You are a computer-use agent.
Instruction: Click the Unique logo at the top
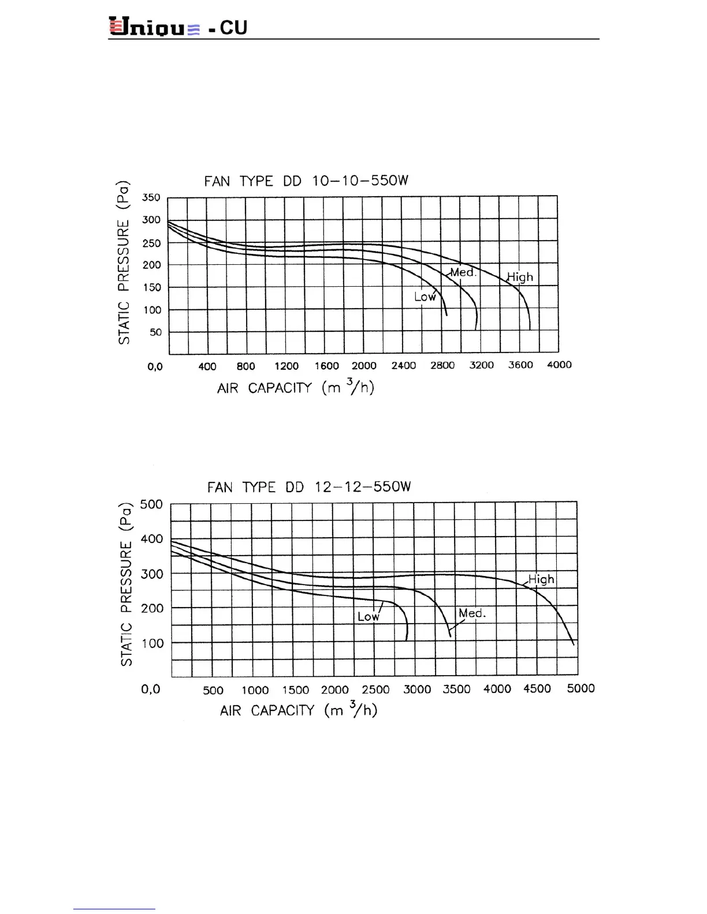[155, 27]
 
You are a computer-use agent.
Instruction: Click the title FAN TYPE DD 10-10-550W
[306, 181]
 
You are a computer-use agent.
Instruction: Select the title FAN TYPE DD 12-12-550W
[309, 487]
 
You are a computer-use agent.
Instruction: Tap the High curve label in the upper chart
[520, 277]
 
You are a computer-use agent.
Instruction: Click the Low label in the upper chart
[425, 297]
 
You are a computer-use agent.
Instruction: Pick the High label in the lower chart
[541, 579]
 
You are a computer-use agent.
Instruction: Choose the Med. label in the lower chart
[472, 613]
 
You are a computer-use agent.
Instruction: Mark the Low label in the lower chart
[368, 616]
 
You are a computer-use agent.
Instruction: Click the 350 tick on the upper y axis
[151, 197]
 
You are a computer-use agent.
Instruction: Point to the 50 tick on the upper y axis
[155, 332]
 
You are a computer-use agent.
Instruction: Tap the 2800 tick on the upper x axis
[442, 365]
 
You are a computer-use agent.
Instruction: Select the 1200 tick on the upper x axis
[286, 366]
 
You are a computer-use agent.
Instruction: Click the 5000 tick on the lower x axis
[581, 688]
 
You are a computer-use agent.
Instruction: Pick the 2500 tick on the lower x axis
[375, 690]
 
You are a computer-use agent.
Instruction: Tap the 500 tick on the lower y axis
[151, 504]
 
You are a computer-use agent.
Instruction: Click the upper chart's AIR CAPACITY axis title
[296, 387]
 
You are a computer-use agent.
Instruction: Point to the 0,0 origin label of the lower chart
[151, 689]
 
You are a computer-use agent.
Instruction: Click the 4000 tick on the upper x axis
[559, 365]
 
